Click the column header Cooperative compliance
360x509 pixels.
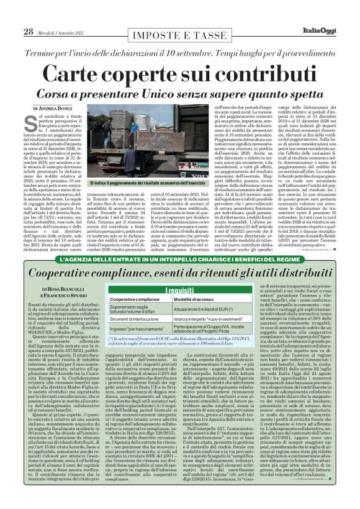137,299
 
